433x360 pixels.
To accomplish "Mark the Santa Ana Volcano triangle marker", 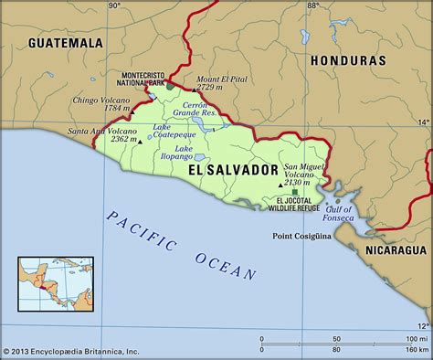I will tap(139, 142).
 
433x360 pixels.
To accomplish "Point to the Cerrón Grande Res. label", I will tap(197, 110).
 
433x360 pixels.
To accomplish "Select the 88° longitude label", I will tap(312, 5).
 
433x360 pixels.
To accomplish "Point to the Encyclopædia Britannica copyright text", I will tap(71, 351).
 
